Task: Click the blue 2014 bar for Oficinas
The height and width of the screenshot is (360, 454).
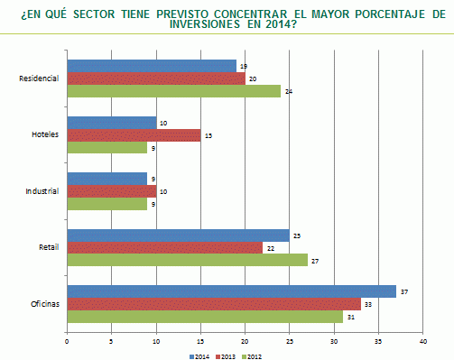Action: [230, 291]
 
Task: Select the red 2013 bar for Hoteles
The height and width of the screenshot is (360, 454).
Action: [134, 135]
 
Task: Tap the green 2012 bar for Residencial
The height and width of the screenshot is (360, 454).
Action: [173, 90]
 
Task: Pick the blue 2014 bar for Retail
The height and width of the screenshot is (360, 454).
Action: [178, 235]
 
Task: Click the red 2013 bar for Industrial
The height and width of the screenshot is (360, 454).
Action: [111, 191]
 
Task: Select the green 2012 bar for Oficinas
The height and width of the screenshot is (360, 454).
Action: [204, 316]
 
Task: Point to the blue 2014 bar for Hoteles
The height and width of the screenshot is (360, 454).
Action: [111, 123]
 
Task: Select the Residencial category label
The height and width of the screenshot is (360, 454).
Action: [39, 78]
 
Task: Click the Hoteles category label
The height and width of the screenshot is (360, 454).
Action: [45, 134]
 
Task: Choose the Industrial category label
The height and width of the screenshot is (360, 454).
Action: [42, 191]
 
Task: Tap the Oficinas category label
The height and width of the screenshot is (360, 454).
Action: [43, 304]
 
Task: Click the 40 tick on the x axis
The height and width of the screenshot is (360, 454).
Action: [422, 341]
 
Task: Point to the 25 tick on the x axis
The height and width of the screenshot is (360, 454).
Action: [290, 341]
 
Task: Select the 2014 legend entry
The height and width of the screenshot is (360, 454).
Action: [200, 355]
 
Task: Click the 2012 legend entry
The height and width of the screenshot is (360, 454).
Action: [255, 355]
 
